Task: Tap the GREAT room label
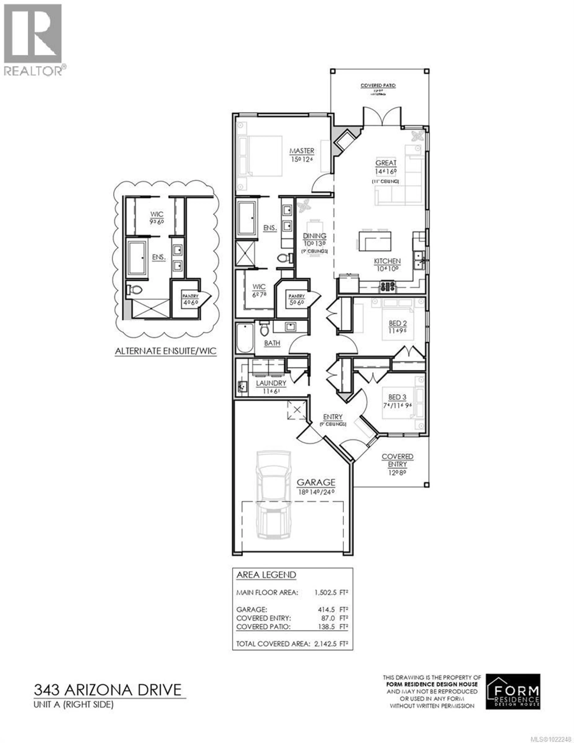tap(386, 163)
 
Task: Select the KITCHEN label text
tap(387, 261)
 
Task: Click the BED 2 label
tap(397, 323)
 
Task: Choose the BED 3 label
tap(397, 397)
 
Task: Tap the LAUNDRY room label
tap(271, 383)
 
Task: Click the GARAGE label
tap(316, 482)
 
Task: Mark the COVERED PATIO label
tap(378, 85)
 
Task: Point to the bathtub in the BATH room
tap(245, 338)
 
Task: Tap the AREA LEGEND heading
tap(266, 575)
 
